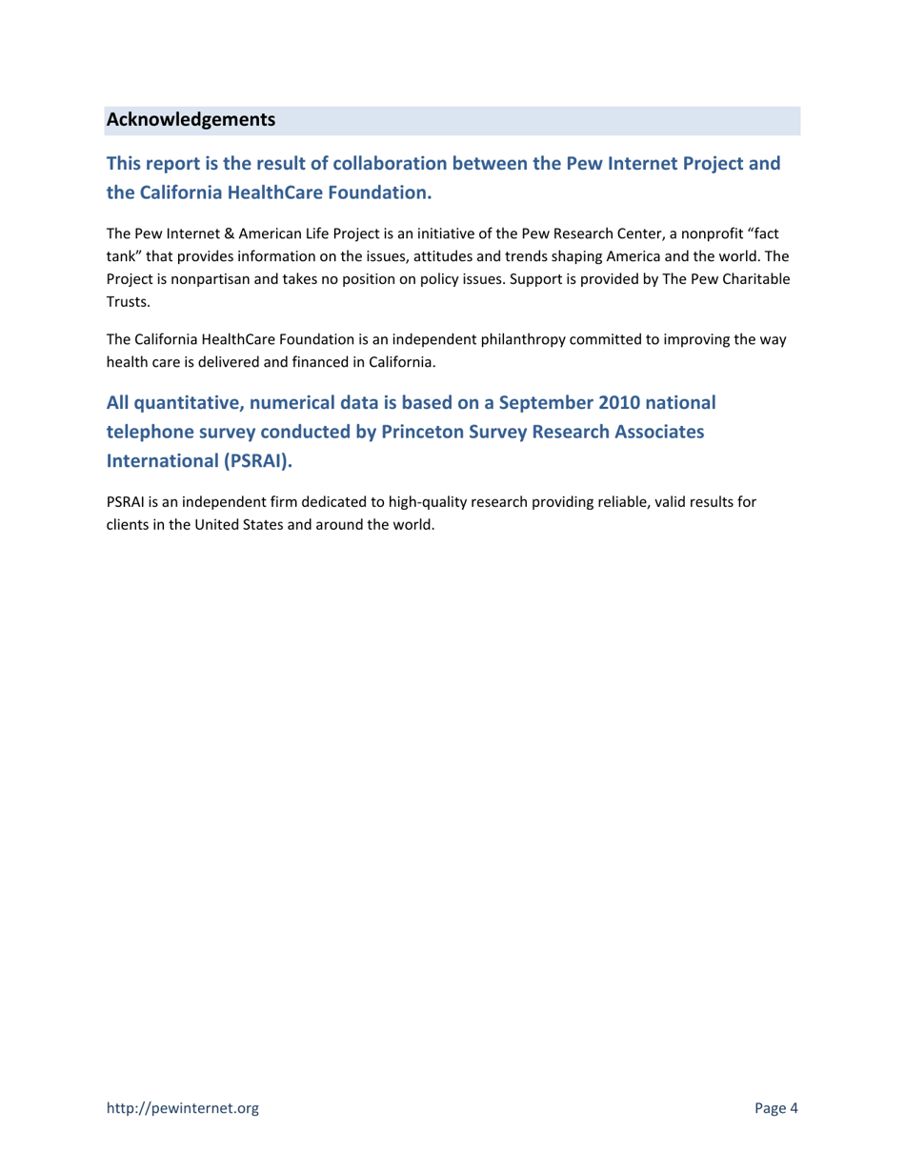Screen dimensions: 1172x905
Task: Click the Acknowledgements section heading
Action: click(x=191, y=121)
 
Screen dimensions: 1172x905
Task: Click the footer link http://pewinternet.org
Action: click(x=182, y=1107)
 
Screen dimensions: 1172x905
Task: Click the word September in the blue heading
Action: click(x=530, y=403)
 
